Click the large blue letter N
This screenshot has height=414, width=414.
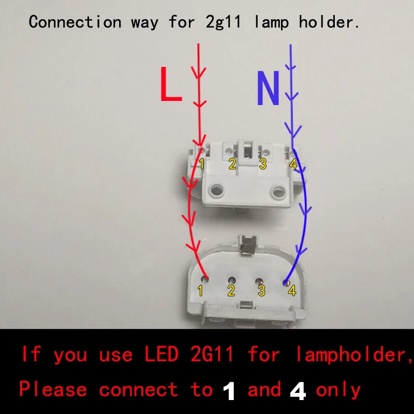pyautogui.click(x=268, y=88)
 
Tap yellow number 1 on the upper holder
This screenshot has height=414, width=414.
pyautogui.click(x=202, y=164)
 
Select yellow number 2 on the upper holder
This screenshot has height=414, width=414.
pyautogui.click(x=232, y=164)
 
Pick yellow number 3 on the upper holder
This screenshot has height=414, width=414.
pyautogui.click(x=263, y=164)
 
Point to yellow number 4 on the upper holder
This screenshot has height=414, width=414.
pyautogui.click(x=293, y=164)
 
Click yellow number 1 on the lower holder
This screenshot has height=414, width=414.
pyautogui.click(x=200, y=291)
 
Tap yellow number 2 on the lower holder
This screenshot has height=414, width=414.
pyautogui.click(x=231, y=291)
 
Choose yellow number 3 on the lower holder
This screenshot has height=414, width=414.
pyautogui.click(x=261, y=291)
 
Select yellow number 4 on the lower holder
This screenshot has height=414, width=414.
pyautogui.click(x=292, y=291)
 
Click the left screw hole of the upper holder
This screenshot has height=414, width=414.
pyautogui.click(x=216, y=190)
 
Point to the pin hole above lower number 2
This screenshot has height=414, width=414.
pyautogui.click(x=232, y=280)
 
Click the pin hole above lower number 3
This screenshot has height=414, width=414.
pyautogui.click(x=259, y=280)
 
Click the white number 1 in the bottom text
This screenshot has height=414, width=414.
pyautogui.click(x=229, y=390)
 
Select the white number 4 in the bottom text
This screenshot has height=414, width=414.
pyautogui.click(x=298, y=390)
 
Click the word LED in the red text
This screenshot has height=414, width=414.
pyautogui.click(x=161, y=354)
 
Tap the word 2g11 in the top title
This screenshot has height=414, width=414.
pyautogui.click(x=223, y=22)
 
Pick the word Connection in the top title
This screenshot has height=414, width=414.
pyautogui.click(x=75, y=22)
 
